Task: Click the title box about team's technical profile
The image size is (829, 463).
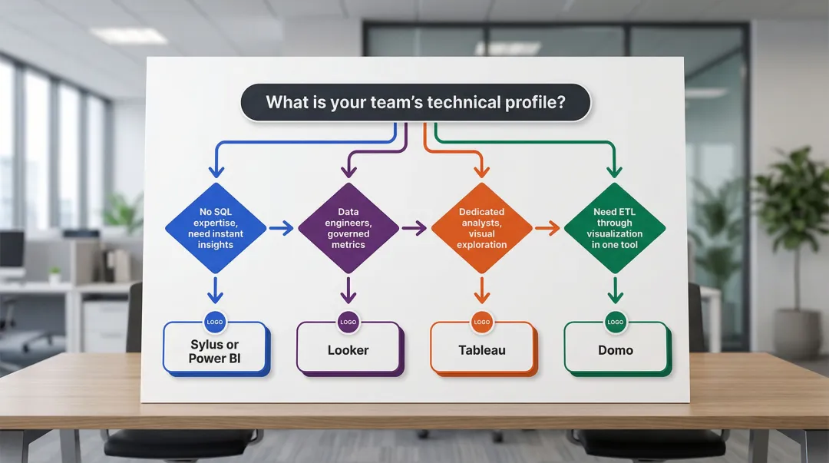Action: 415,102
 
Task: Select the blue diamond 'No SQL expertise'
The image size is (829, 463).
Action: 216,228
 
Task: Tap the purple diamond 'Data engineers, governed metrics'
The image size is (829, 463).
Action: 348,228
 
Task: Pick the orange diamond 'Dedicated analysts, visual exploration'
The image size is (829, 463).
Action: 481,228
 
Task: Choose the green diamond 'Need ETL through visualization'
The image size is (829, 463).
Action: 615,228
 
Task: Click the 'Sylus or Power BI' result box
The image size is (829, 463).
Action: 215,352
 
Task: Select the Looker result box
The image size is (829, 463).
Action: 348,350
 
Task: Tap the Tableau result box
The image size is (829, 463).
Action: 482,350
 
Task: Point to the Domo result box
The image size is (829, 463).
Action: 616,350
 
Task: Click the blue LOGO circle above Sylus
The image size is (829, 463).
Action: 215,322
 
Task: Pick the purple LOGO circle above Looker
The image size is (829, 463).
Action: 348,322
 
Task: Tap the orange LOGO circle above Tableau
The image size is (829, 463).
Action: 482,322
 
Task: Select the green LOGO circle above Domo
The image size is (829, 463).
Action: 616,322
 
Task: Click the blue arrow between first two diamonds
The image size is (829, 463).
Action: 281,228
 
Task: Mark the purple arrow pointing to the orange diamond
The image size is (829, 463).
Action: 414,228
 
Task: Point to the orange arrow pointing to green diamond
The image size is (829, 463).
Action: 547,228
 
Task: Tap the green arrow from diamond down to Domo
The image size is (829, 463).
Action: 615,290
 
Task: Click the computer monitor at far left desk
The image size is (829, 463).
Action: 12,250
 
